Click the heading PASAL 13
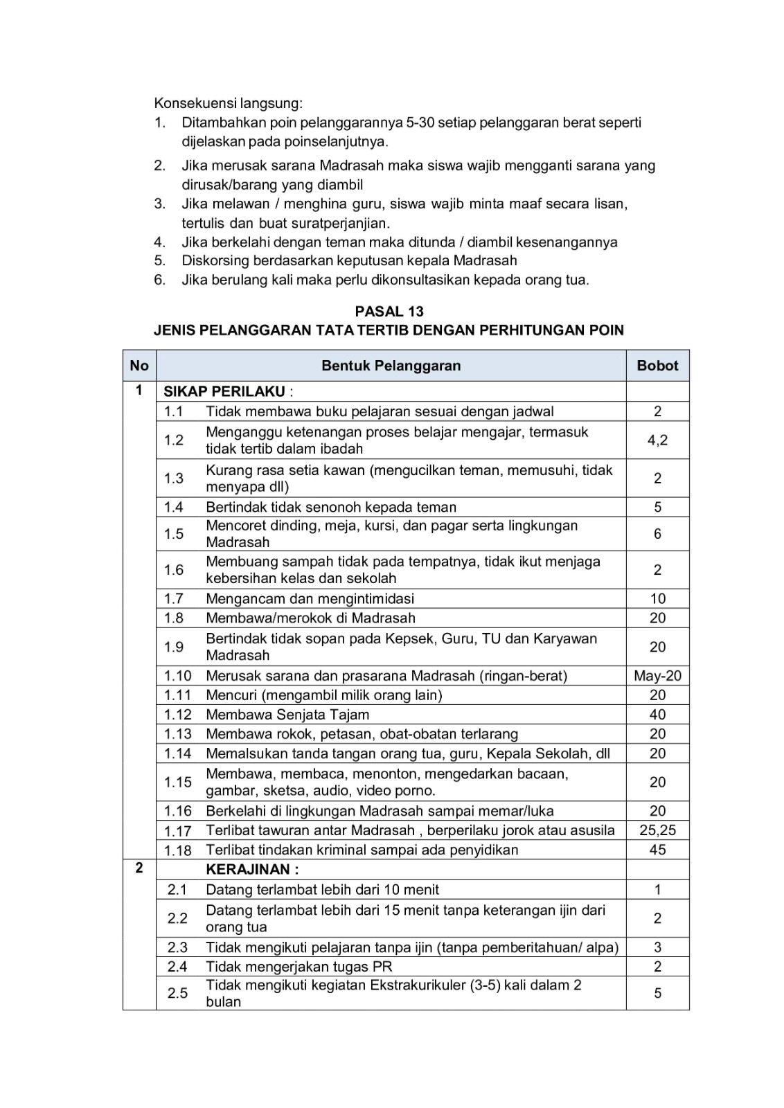(x=389, y=312)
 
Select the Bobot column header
(x=657, y=366)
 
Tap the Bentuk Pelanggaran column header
(x=391, y=366)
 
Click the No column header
(x=139, y=366)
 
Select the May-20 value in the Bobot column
(x=657, y=676)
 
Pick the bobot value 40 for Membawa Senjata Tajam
(x=657, y=715)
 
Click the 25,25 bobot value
(x=657, y=830)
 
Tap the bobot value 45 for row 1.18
(x=657, y=850)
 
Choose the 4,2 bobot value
(x=657, y=440)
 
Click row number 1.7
(x=174, y=598)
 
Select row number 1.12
(x=177, y=715)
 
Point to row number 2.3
(x=177, y=947)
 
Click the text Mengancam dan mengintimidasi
(x=310, y=598)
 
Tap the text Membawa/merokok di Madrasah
(x=310, y=618)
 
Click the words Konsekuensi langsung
(x=228, y=104)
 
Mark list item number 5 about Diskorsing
(x=349, y=261)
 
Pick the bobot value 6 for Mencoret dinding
(x=657, y=534)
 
